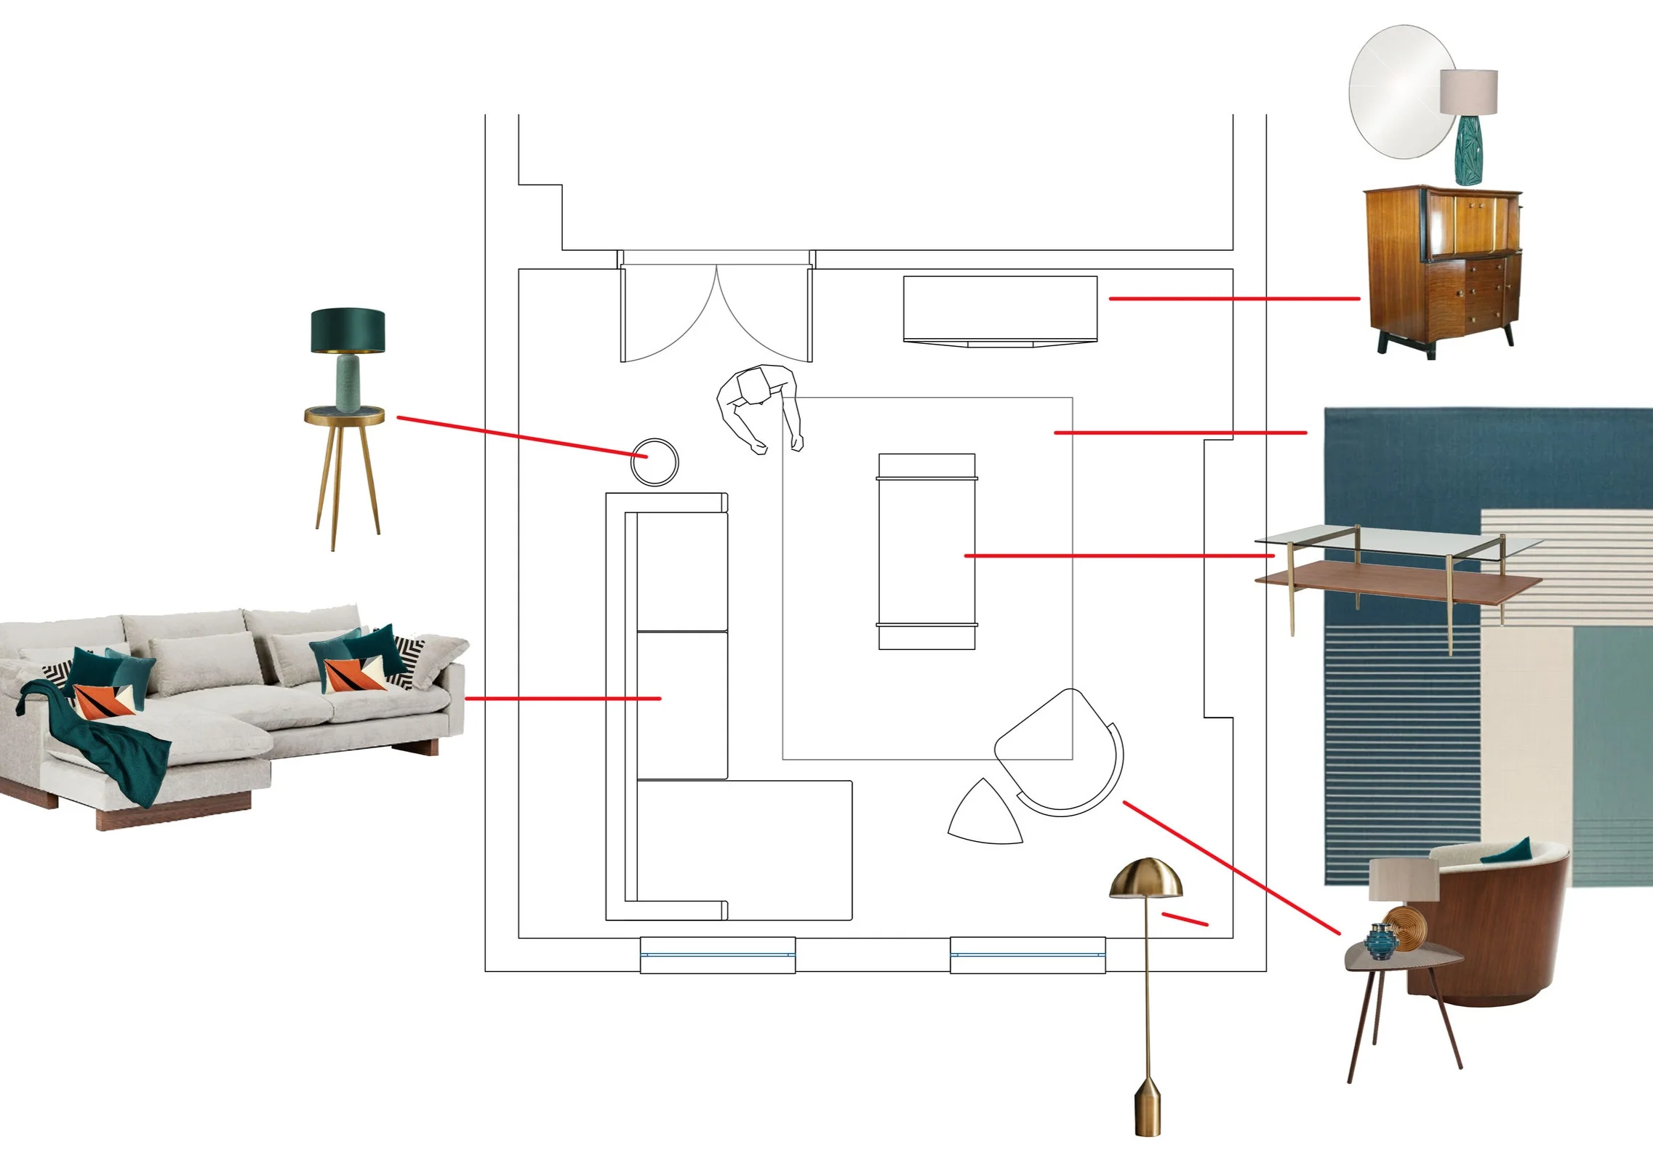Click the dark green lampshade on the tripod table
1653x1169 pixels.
pos(348,330)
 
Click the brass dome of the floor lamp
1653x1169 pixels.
pos(1145,878)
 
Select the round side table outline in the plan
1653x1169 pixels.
pos(654,462)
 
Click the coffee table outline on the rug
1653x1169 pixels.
pos(926,551)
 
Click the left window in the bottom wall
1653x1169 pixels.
pos(717,955)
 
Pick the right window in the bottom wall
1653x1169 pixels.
pos(1028,955)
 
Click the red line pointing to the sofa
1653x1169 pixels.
pos(562,699)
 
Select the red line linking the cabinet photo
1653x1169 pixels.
pos(1233,298)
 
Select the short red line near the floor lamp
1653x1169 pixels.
pos(1185,919)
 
